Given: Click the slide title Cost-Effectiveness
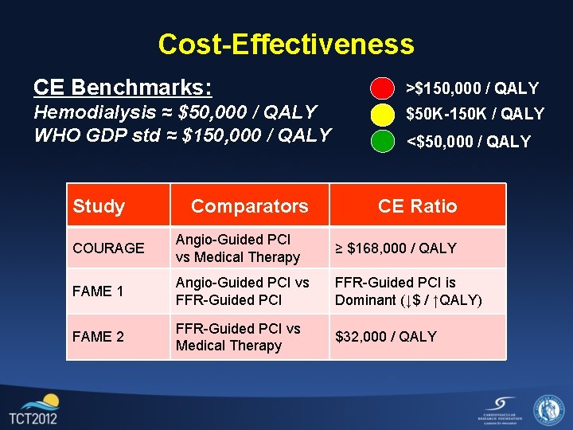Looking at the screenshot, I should point(286,44).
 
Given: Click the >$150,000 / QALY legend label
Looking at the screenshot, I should point(473,88).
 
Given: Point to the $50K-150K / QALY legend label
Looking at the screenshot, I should point(475,114).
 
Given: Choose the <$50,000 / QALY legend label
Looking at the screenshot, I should point(469,142).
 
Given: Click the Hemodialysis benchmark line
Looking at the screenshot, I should point(175,112).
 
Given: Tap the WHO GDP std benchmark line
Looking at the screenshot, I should point(182,135).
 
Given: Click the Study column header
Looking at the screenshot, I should point(99,206).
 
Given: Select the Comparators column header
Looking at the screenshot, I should point(249,206).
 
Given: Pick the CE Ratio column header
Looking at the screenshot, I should point(417,206).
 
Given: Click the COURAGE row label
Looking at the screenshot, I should point(108,248).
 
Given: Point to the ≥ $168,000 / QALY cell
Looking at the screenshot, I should point(396,248).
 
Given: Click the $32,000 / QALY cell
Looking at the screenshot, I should point(386,337).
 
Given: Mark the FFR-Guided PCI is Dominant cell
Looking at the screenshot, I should point(408,291).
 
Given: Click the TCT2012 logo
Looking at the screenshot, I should point(33,409).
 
